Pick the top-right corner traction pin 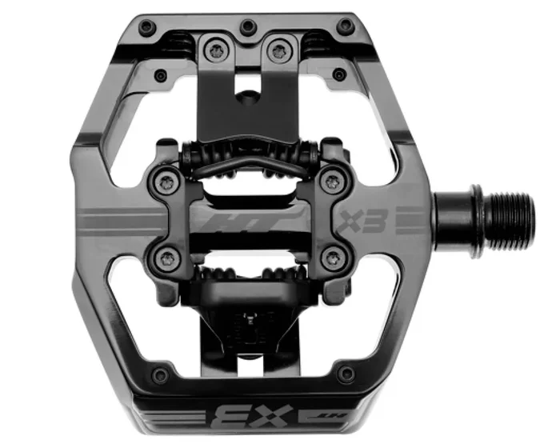click(x=346, y=26)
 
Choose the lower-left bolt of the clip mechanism click(x=167, y=257)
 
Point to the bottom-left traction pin click(x=162, y=374)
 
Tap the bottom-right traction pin click(x=346, y=373)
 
